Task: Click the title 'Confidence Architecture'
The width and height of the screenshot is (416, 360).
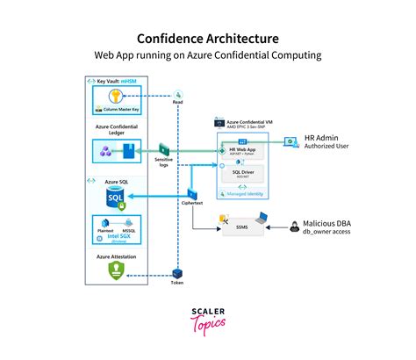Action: coord(208,39)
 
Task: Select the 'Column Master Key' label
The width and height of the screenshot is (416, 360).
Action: coord(125,111)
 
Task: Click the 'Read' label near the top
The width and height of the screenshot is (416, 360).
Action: coord(177,101)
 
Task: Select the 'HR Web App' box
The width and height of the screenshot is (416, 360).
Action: coord(242,151)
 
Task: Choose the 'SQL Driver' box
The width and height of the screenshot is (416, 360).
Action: coord(242,173)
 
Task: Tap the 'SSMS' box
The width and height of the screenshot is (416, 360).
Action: coord(242,227)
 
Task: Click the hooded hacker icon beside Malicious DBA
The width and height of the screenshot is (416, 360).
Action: coord(296,227)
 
